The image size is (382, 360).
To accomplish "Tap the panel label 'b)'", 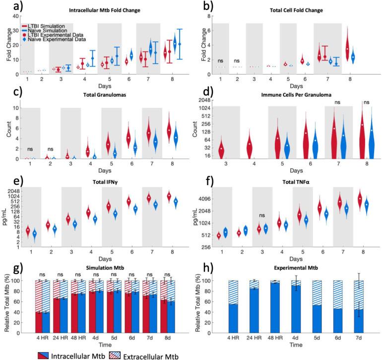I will (x=201, y=6).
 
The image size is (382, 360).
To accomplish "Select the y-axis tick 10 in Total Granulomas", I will (x=16, y=108).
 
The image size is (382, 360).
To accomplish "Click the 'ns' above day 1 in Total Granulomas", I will (x=30, y=148).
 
